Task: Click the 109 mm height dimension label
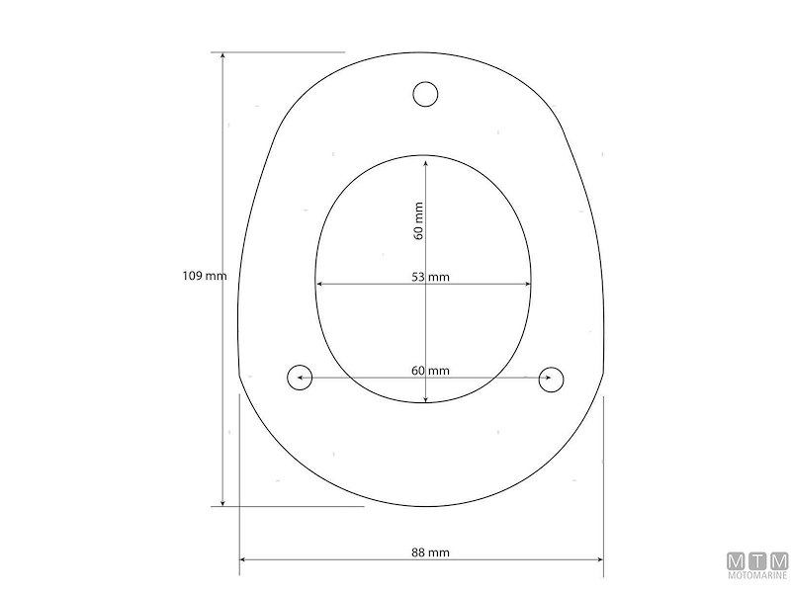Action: coord(205,276)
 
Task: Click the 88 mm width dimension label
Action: coord(430,552)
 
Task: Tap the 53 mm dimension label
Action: coord(430,277)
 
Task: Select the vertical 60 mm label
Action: coord(418,220)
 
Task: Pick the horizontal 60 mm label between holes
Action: coord(430,371)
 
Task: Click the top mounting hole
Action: coord(425,94)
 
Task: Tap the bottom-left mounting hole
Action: coord(300,378)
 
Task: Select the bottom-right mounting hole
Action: coord(552,380)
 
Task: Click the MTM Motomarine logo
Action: coord(757,565)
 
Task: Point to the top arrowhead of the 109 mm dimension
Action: coord(223,55)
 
